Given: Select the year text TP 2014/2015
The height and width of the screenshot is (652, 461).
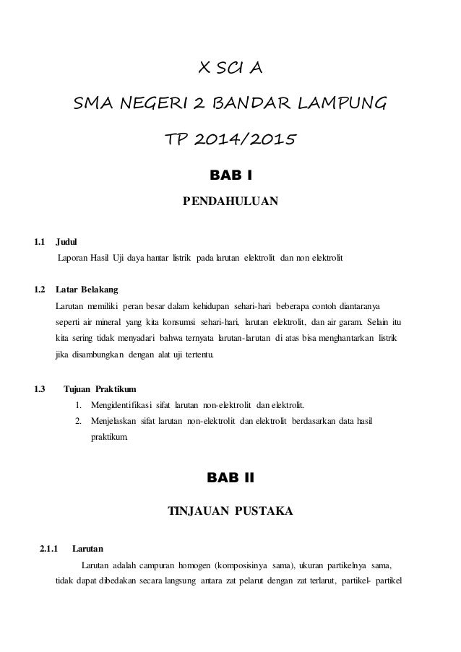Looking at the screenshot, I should tap(230, 138).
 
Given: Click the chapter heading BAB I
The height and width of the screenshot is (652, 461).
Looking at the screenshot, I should tap(230, 174).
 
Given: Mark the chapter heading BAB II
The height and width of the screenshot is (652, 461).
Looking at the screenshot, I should tap(230, 477).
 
